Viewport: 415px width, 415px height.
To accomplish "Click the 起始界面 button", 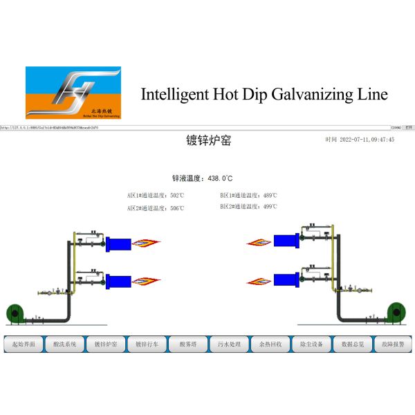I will (24, 344).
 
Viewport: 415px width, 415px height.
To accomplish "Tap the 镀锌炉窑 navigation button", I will (106, 344).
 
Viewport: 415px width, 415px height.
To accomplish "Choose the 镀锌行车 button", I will (147, 344).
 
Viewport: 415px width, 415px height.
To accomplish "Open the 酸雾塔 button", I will (188, 344).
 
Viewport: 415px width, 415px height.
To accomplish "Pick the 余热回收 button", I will (270, 344).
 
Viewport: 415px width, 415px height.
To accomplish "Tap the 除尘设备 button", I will (311, 344).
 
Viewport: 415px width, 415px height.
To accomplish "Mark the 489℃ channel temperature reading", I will (270, 195).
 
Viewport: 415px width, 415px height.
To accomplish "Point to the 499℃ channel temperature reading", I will (270, 206).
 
